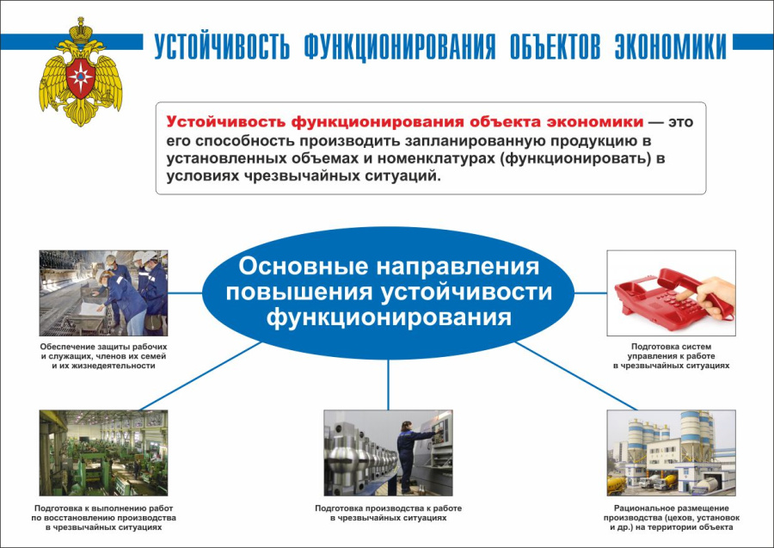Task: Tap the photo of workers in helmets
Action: click(103, 292)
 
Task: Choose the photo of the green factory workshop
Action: click(103, 453)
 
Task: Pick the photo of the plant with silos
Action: click(671, 453)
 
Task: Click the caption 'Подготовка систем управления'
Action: click(671, 356)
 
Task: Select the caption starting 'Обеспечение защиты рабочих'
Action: click(103, 356)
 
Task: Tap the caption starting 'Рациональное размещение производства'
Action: click(671, 518)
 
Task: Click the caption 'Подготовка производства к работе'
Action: click(388, 514)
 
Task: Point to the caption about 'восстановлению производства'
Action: click(103, 518)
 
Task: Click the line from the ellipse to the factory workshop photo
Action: click(200, 375)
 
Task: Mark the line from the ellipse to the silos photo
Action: click(576, 375)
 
